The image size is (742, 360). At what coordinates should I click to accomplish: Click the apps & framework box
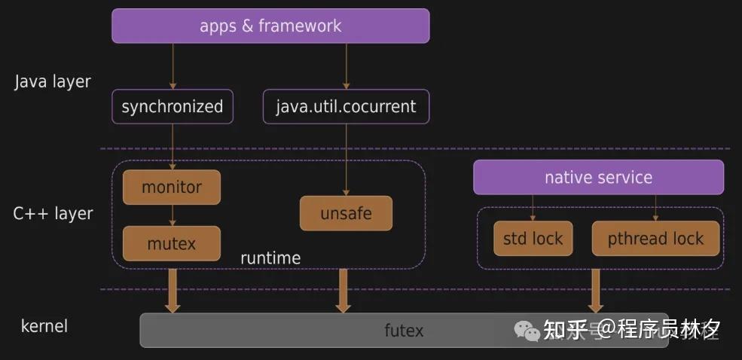pyautogui.click(x=270, y=26)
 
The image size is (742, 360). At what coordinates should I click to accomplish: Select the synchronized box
pyautogui.click(x=173, y=107)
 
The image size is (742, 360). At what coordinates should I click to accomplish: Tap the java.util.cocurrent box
pyautogui.click(x=346, y=107)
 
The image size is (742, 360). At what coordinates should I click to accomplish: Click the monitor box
pyautogui.click(x=172, y=187)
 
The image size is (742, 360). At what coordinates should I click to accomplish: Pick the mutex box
pyautogui.click(x=172, y=243)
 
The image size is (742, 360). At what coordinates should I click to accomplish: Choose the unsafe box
pyautogui.click(x=346, y=213)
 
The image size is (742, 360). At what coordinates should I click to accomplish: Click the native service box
pyautogui.click(x=598, y=178)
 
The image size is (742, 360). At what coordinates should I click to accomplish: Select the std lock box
pyautogui.click(x=533, y=239)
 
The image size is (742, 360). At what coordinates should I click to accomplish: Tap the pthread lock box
pyautogui.click(x=655, y=239)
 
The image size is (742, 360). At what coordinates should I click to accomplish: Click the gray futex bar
pyautogui.click(x=404, y=330)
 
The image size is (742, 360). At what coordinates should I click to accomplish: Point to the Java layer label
pyautogui.click(x=53, y=81)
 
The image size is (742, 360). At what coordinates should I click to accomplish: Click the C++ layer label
pyautogui.click(x=53, y=213)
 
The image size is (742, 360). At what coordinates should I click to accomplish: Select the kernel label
pyautogui.click(x=44, y=326)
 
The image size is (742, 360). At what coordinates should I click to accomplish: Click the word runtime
pyautogui.click(x=270, y=258)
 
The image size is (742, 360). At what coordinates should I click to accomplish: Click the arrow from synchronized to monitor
pyautogui.click(x=173, y=146)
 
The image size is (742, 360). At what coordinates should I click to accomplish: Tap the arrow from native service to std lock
pyautogui.click(x=533, y=208)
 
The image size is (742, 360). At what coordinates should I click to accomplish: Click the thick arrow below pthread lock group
pyautogui.click(x=596, y=291)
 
